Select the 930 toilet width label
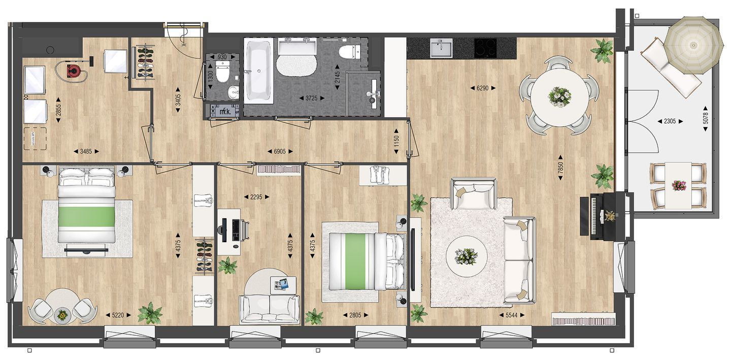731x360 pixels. coord(222,57)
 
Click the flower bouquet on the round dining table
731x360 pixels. coord(559,95)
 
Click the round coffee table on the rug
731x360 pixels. coord(466,257)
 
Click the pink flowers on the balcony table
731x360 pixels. coord(678,185)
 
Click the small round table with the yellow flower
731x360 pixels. coord(62,316)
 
